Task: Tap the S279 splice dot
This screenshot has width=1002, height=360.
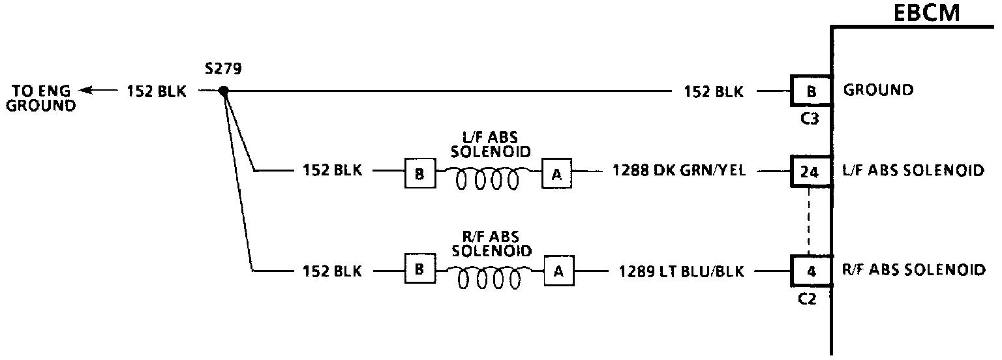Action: click(223, 91)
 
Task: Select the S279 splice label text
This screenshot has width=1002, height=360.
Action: click(222, 69)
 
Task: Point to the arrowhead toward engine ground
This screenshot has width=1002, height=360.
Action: click(83, 91)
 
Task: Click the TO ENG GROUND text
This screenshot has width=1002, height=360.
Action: click(40, 98)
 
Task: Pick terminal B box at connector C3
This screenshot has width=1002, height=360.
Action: click(812, 91)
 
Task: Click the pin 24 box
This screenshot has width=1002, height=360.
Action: click(809, 172)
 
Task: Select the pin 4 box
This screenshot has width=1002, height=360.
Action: click(812, 271)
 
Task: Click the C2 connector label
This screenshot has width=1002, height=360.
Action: click(807, 301)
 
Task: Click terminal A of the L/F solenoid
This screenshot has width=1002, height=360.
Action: click(556, 173)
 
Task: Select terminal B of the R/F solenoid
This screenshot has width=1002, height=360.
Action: click(420, 269)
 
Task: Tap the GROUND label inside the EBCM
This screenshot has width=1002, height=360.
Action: click(878, 91)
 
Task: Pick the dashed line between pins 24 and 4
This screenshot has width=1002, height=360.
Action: click(809, 222)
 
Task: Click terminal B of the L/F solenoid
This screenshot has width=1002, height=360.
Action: click(419, 173)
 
